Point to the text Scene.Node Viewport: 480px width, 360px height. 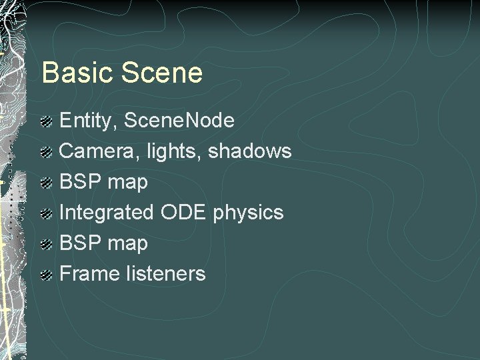179,121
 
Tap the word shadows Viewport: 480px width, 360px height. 250,151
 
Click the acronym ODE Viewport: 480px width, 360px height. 183,212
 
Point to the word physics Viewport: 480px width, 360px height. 249,213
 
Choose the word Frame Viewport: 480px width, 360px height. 89,273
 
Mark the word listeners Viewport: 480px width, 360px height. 165,273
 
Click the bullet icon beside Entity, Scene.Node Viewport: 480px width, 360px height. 47,122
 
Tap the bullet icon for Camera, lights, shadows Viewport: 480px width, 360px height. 47,153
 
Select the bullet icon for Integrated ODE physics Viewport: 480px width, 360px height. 47,214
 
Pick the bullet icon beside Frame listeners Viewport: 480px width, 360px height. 47,275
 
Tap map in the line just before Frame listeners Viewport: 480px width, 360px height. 126,244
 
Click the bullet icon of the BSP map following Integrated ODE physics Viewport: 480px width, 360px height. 47,244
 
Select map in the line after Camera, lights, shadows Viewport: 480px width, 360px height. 126,183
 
